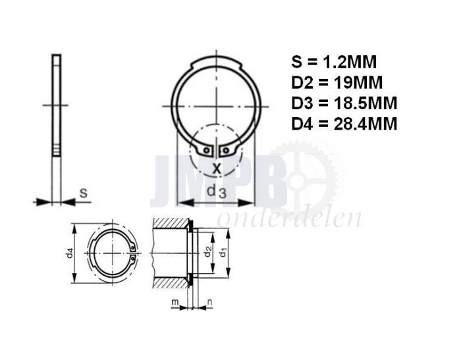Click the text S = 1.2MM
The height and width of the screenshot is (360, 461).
(x=335, y=63)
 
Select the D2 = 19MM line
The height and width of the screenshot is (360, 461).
(x=336, y=83)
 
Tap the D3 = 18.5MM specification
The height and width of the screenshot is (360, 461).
(x=344, y=103)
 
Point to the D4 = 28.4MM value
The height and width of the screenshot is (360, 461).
(x=344, y=124)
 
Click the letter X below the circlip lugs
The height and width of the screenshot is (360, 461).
(x=216, y=168)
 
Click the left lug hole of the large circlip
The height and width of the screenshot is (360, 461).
(x=206, y=151)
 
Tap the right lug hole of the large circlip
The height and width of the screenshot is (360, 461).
(x=226, y=151)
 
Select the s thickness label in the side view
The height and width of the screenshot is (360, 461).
(x=83, y=193)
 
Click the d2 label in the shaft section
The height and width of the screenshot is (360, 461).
(x=207, y=253)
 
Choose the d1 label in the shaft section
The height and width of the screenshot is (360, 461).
(x=223, y=253)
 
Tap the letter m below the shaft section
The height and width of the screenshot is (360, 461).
(x=175, y=301)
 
